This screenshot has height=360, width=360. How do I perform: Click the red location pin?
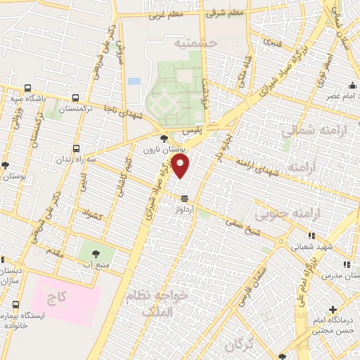tap(181, 167)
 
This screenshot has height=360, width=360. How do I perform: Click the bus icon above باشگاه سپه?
tap(27, 89)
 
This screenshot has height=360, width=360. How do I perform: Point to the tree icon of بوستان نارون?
tap(164, 139)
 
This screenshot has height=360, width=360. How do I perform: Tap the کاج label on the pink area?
tap(57, 297)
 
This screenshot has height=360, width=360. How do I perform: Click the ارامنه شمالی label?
tap(308, 130)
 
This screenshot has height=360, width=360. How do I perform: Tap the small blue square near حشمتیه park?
tap(134, 82)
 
